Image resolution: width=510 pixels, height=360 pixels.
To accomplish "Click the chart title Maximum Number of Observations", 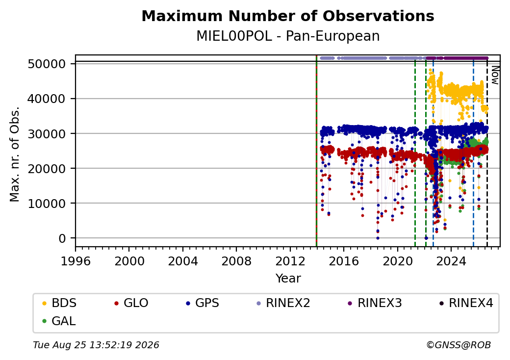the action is click(288, 16).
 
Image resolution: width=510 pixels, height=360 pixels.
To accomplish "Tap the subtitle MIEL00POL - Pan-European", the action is click(288, 36).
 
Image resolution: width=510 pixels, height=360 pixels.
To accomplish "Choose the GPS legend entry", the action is click(203, 303).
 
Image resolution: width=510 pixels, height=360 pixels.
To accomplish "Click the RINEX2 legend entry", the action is click(283, 303).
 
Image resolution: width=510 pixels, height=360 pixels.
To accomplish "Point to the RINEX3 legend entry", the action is click(375, 303).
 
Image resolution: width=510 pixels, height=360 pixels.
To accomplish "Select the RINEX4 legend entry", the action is click(466, 303).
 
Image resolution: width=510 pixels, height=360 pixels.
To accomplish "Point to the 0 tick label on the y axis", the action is click(62, 238).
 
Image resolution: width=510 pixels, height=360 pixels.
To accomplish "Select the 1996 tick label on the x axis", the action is click(76, 261).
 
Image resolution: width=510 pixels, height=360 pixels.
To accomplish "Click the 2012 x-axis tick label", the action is click(290, 261).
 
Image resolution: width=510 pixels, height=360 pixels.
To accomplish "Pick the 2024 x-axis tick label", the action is click(451, 261).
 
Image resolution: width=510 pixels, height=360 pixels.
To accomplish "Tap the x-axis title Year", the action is click(288, 279).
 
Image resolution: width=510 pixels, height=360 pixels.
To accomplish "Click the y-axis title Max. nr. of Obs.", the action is click(15, 154).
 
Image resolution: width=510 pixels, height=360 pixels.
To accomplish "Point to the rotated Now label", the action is click(495, 75).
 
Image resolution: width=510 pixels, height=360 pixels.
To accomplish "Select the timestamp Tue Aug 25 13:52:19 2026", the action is click(96, 345).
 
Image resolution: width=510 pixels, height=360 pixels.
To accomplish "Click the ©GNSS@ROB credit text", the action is click(459, 345).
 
